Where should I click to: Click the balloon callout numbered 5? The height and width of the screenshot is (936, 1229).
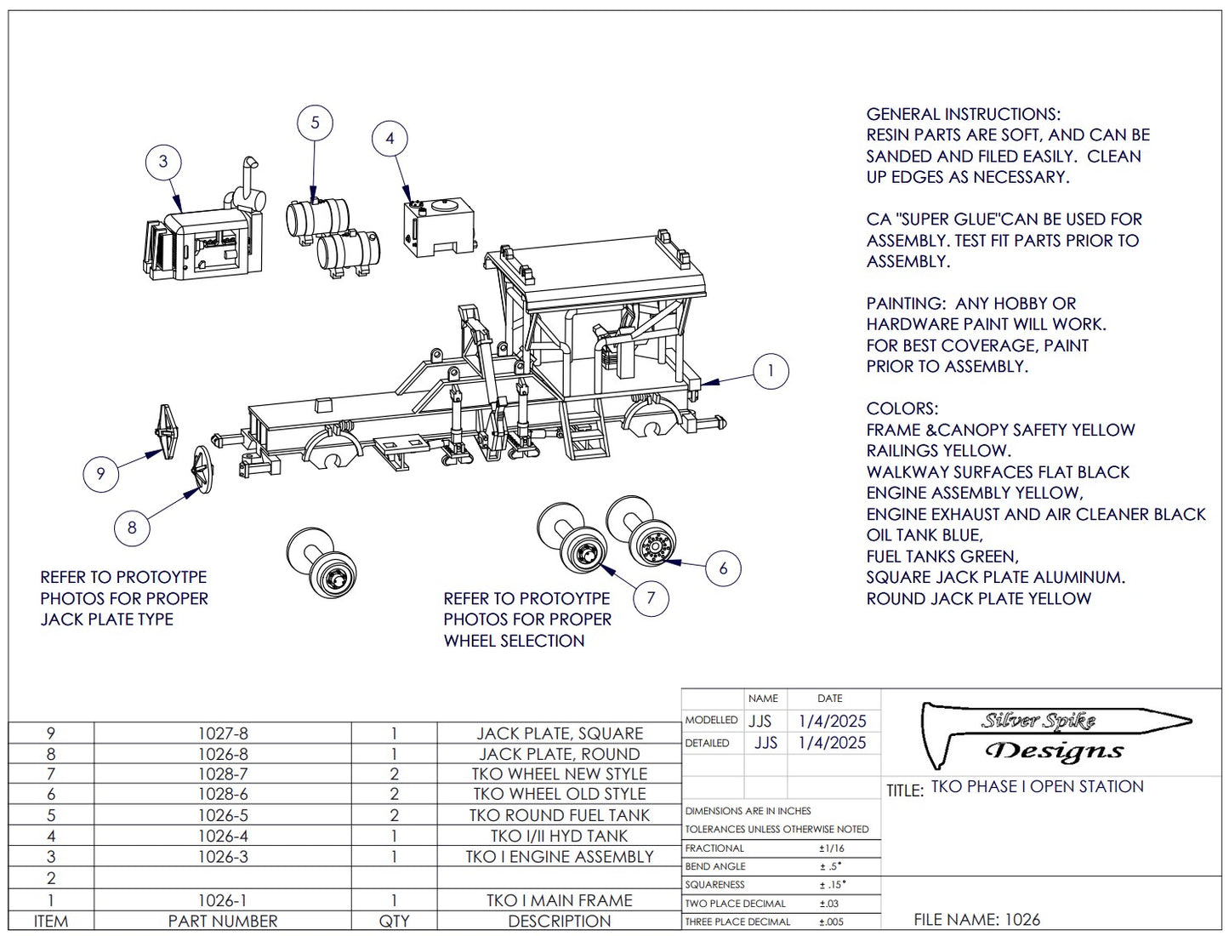click(315, 123)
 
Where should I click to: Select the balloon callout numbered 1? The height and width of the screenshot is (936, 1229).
click(771, 371)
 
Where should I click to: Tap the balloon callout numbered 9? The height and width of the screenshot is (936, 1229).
click(100, 473)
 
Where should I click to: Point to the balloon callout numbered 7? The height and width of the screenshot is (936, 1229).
click(651, 597)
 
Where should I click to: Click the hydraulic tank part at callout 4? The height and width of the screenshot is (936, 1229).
click(437, 226)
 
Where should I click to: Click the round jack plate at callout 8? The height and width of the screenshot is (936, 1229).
click(201, 469)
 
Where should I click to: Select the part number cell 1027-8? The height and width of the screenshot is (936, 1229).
click(223, 733)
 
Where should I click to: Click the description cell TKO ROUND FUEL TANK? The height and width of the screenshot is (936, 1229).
click(559, 815)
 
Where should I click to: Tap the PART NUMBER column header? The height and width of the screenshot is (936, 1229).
click(223, 921)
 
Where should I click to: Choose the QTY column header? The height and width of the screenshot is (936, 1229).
click(394, 921)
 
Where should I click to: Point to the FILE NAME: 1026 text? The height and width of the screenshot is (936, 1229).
click(976, 920)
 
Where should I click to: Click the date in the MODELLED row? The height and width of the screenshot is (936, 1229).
click(832, 721)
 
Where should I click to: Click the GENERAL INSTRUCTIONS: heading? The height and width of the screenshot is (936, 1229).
click(963, 114)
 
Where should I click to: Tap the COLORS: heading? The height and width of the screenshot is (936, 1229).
click(902, 408)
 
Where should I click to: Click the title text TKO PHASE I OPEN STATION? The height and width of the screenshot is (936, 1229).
click(1037, 786)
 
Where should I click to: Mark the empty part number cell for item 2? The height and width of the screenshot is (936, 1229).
click(223, 878)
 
